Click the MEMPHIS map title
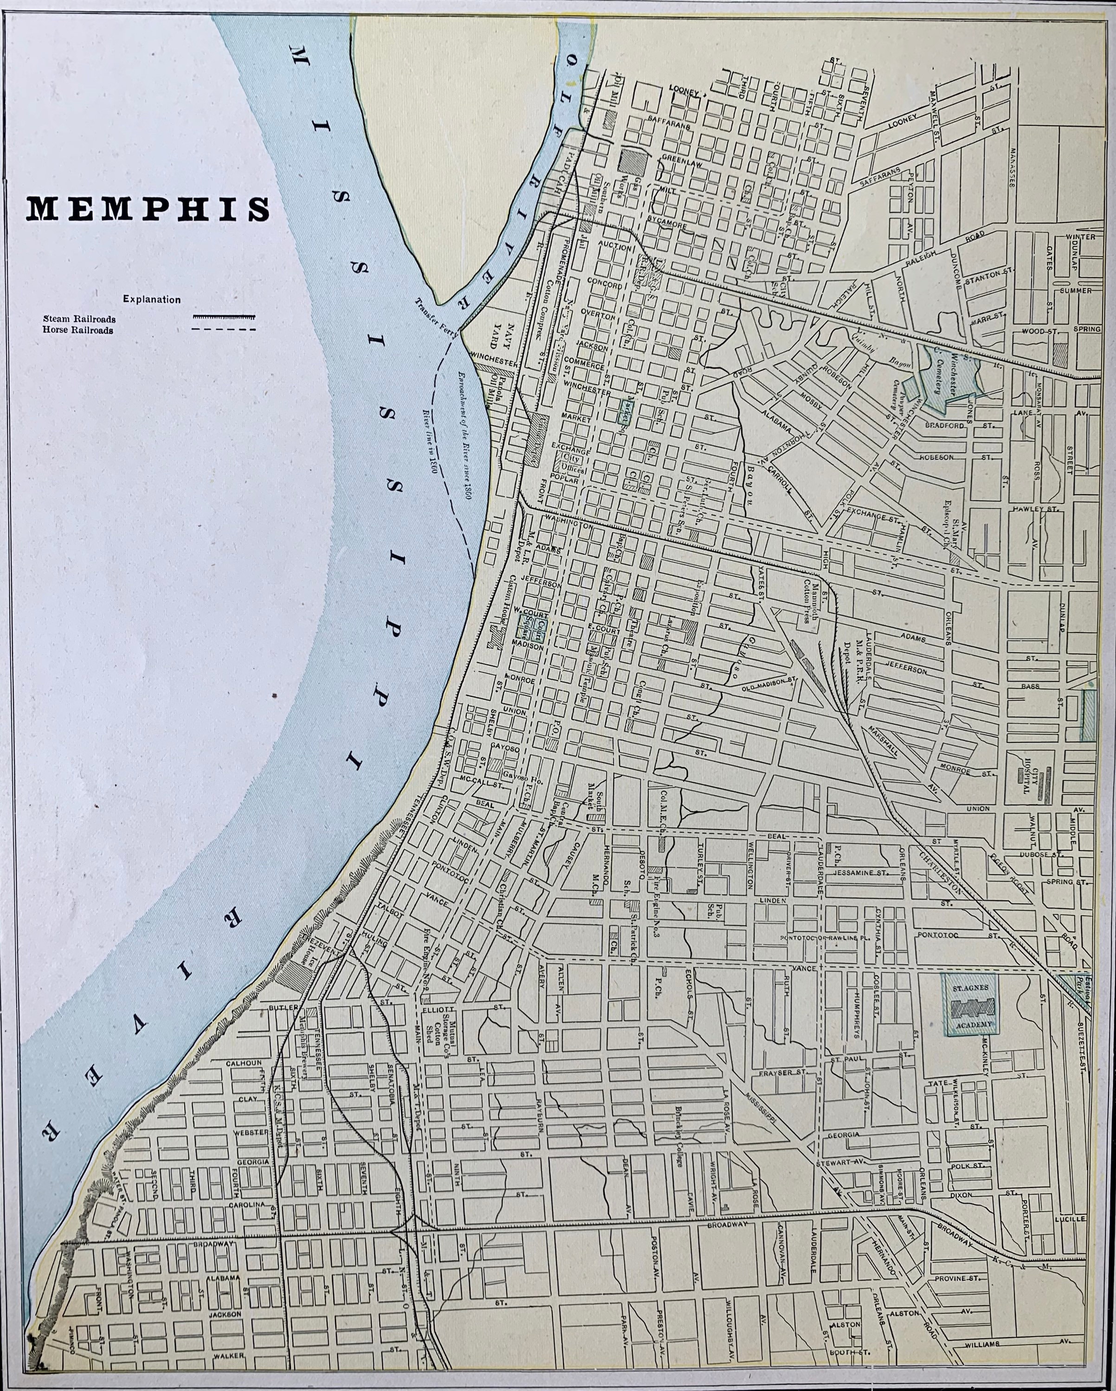coord(147,210)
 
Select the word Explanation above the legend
coord(152,300)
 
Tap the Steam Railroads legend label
coord(79,318)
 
